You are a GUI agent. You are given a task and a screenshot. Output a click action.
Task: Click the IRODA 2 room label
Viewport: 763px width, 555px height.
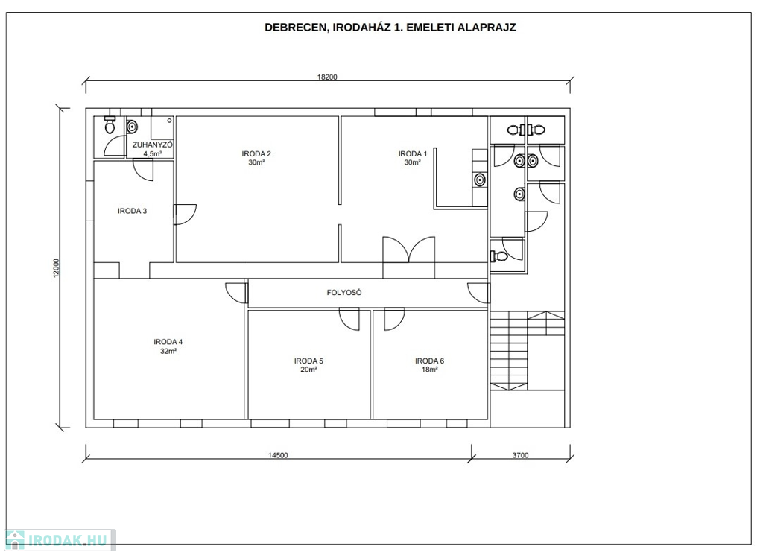click(x=256, y=154)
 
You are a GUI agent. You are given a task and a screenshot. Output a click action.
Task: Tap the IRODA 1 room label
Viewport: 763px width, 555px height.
click(x=413, y=154)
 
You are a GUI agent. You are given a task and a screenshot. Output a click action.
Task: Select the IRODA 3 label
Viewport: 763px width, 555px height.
click(x=133, y=211)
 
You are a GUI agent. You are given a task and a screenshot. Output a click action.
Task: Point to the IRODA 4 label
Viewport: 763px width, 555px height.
click(x=168, y=342)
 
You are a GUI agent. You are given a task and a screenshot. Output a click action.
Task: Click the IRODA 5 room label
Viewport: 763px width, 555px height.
click(x=308, y=361)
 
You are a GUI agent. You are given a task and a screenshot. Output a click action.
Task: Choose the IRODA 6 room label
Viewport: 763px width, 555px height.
click(x=430, y=361)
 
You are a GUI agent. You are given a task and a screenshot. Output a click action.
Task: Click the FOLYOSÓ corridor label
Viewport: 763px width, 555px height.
click(x=344, y=293)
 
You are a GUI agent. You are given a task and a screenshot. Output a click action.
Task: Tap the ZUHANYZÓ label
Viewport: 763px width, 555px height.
click(x=152, y=145)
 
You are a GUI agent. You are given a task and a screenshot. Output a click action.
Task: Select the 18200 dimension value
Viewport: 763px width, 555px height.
click(x=327, y=77)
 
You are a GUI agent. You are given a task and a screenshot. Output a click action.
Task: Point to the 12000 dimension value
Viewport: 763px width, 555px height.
click(x=56, y=268)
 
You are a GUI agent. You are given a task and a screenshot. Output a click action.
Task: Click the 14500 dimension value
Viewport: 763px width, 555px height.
click(x=278, y=456)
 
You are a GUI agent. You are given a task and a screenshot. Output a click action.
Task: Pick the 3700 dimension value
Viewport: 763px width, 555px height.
click(x=520, y=456)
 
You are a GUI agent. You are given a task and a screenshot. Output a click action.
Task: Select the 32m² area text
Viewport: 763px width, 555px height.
click(x=168, y=351)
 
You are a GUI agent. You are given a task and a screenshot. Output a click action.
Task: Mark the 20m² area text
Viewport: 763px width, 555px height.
click(x=308, y=370)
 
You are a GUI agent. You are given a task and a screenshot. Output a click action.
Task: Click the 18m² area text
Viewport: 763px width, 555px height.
click(x=430, y=370)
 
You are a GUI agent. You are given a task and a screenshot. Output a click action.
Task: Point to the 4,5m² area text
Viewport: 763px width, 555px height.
click(x=152, y=153)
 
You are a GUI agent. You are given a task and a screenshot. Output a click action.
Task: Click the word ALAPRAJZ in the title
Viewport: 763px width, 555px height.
click(x=487, y=28)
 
